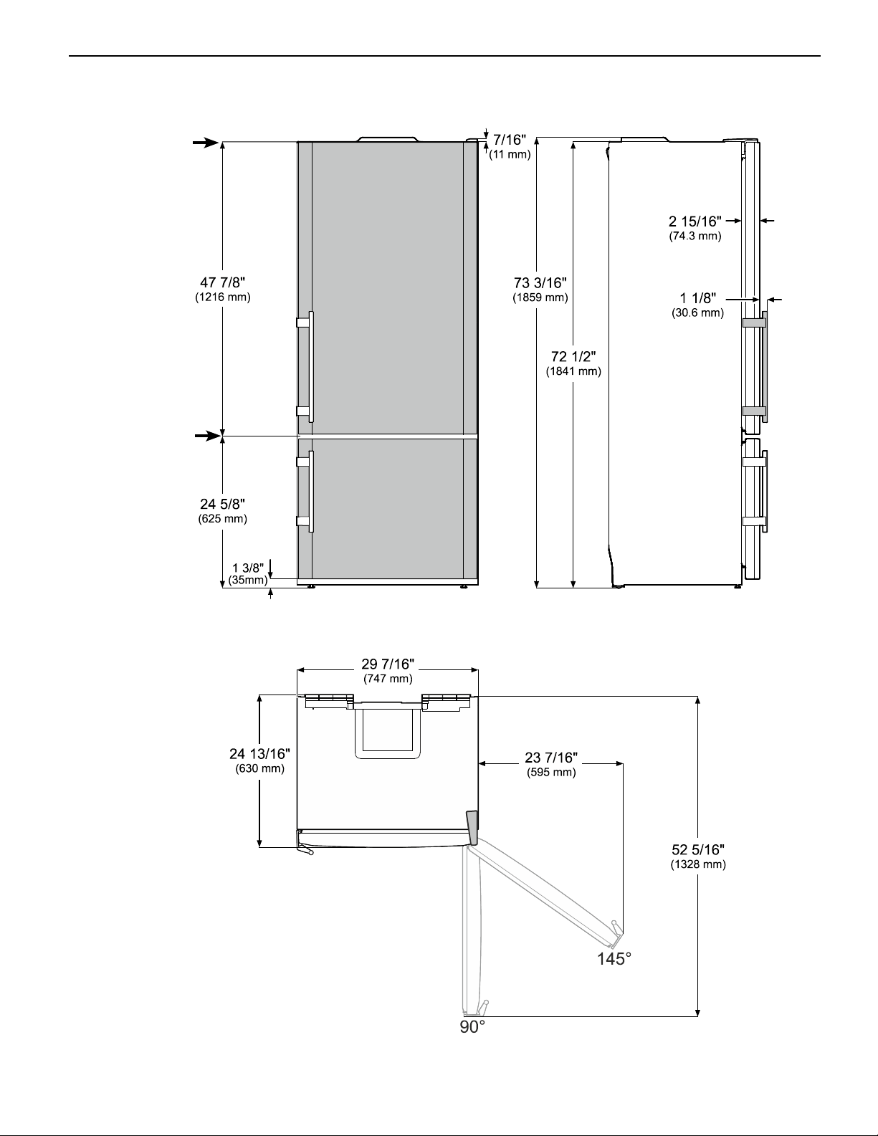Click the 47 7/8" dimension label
[223, 282]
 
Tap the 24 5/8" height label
[223, 504]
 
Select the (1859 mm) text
[540, 297]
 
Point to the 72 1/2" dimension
[573, 356]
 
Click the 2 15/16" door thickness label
[695, 221]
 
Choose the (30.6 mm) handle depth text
[697, 312]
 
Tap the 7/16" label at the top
[510, 140]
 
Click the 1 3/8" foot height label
[248, 568]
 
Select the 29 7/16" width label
[388, 664]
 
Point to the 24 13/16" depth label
[259, 754]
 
